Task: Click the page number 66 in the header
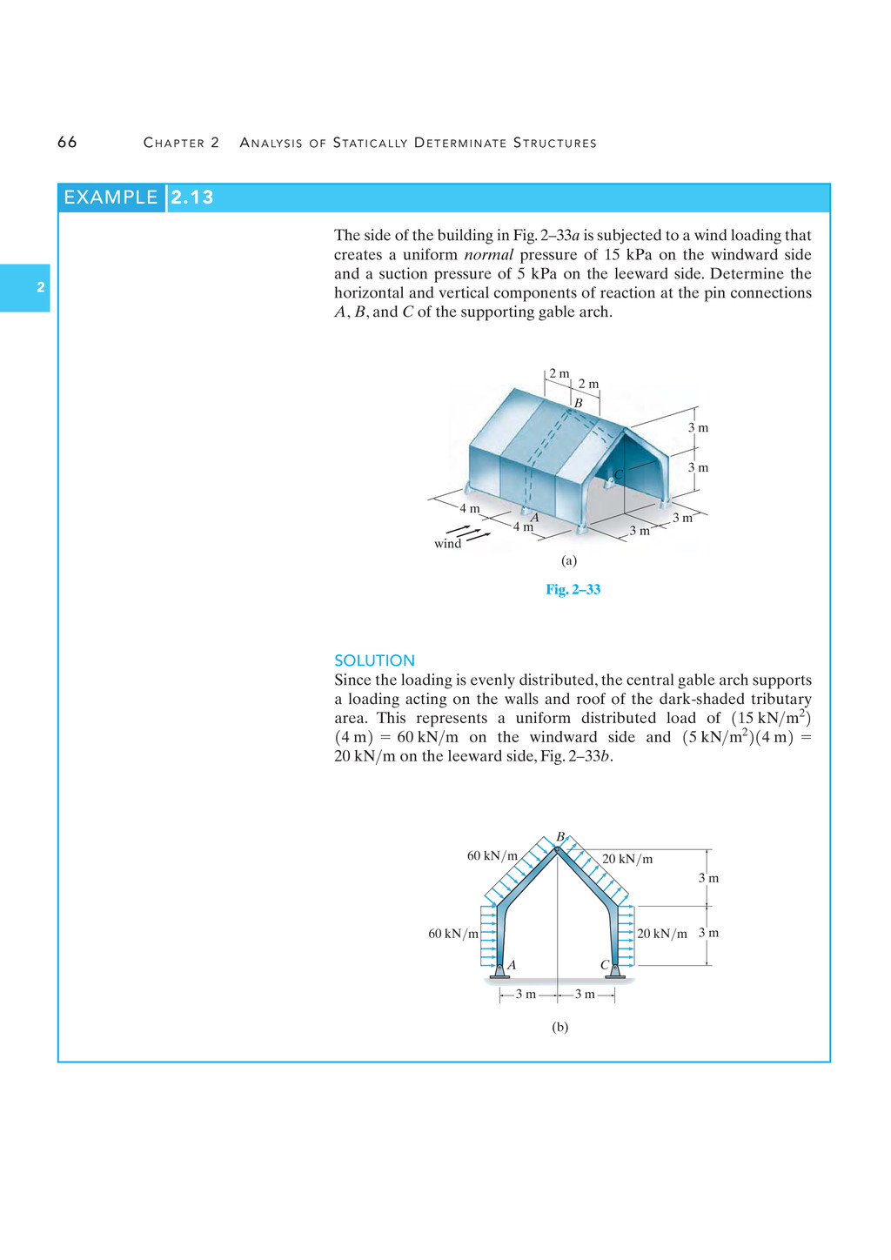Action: pos(67,143)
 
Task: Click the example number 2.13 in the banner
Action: pos(192,198)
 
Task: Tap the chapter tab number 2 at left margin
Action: pos(40,287)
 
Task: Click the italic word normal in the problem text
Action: pos(488,255)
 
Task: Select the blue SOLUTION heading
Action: pos(374,660)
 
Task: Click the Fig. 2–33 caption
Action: pos(573,589)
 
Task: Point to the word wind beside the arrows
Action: pos(447,544)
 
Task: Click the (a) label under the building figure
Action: pos(569,561)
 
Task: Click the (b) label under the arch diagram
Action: pos(559,1027)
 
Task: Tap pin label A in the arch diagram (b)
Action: pos(512,964)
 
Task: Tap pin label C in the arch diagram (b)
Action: pos(605,965)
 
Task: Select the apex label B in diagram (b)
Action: pos(560,836)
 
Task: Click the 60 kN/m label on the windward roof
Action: pos(492,855)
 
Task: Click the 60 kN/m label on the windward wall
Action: pos(453,934)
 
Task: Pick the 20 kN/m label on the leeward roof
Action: pos(627,859)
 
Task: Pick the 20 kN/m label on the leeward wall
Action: pos(662,934)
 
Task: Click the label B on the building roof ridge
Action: pos(578,404)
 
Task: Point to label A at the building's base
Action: pos(535,518)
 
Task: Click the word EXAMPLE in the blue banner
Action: pos(111,198)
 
